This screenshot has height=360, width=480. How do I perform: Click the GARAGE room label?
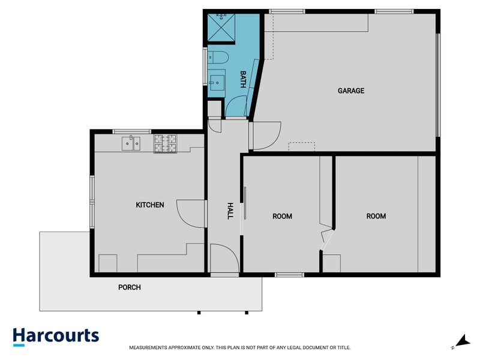[351, 91]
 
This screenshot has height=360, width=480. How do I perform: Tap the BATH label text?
[243, 80]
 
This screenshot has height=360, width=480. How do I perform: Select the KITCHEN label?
[150, 205]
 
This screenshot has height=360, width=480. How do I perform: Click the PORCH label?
[129, 287]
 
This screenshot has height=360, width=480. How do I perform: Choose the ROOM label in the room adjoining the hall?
[282, 216]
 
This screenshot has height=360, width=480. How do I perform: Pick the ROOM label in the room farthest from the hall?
[376, 216]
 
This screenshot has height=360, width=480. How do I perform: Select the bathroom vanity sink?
[217, 80]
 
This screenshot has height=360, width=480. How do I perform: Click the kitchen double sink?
[131, 143]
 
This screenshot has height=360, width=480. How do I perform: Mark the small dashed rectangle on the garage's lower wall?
[302, 146]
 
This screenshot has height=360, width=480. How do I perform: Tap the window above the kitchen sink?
[131, 131]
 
